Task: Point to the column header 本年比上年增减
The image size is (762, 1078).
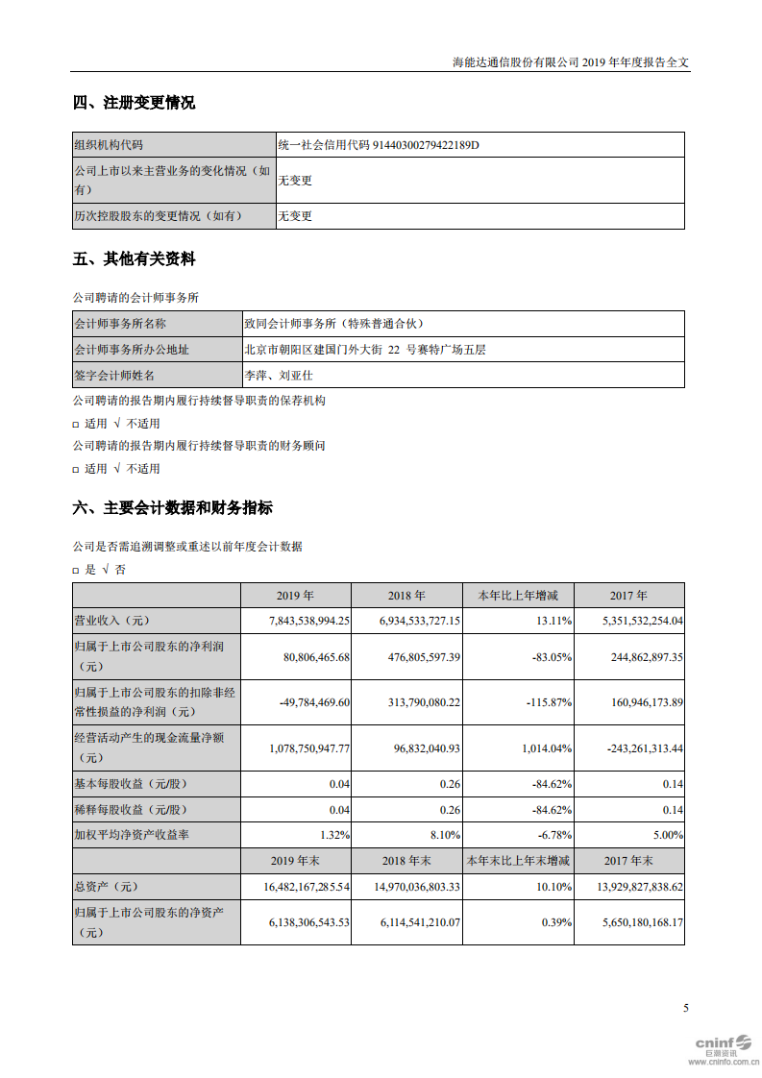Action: [x=518, y=596]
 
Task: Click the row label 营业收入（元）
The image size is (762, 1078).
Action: [x=113, y=622]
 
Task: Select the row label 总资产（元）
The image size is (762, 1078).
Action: [x=108, y=886]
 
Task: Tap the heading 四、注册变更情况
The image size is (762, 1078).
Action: [x=134, y=103]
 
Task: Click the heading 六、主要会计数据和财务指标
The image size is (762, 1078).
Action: [x=172, y=508]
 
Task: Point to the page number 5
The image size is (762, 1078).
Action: [x=685, y=1008]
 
